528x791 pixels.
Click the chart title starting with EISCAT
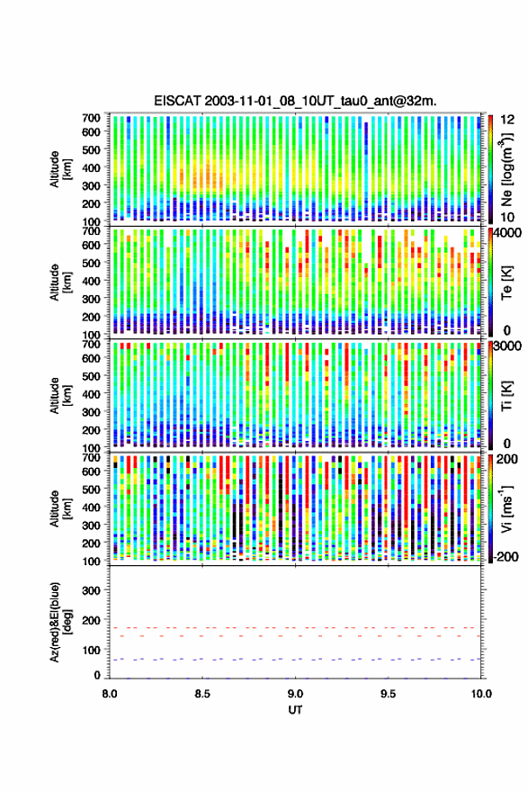295,101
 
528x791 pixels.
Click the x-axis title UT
295,710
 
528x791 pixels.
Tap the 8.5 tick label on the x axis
202,694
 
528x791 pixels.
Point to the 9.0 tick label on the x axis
295,694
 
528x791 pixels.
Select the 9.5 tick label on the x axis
388,694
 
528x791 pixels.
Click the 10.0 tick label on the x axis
481,694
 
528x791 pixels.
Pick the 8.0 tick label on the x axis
110,694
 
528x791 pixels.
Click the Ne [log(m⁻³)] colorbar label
506,169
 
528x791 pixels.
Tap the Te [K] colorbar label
506,283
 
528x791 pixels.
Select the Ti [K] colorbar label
506,396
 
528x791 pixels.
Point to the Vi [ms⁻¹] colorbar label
506,508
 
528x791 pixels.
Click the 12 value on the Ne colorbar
507,120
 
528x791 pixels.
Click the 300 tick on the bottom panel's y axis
91,590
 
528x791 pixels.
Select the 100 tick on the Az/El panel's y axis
91,650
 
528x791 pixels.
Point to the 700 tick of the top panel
91,118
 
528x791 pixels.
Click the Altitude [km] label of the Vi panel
60,508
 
